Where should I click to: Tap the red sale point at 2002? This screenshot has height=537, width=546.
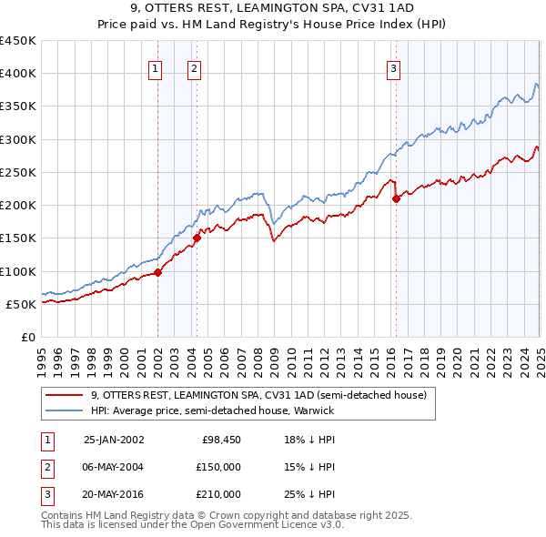[157, 271]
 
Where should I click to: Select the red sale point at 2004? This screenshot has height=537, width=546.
[197, 238]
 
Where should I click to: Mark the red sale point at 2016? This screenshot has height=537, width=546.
[396, 198]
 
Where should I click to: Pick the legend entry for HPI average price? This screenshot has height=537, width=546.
[213, 410]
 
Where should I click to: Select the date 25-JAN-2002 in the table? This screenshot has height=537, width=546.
[114, 440]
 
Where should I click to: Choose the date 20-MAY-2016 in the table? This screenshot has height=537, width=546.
[114, 494]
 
